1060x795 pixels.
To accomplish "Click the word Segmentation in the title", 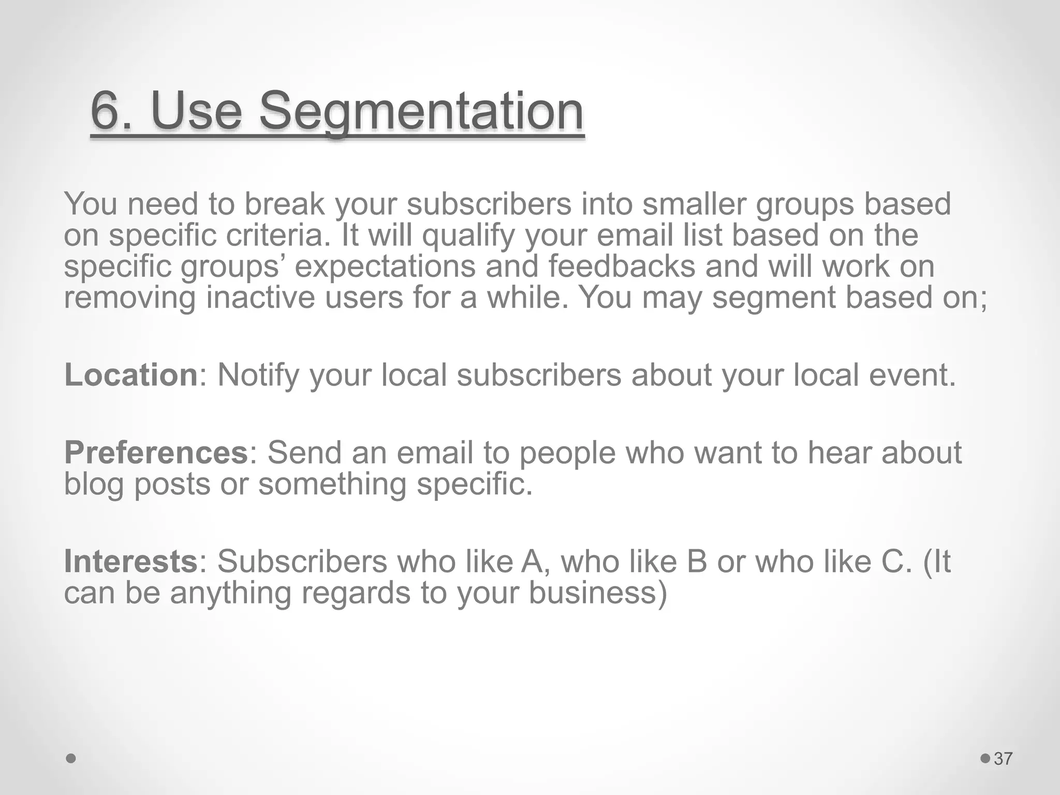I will coord(421,111).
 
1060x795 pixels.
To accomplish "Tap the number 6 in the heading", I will coord(107,110).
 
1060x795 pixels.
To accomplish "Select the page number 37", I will coord(1003,759).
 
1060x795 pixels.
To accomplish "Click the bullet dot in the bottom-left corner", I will coord(71,759).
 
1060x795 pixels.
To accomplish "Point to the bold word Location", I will coord(130,375).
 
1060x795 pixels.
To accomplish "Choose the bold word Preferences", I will coord(156,452).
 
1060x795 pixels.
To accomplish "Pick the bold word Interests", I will coord(130,561).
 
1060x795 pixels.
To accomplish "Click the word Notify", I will coord(258,376).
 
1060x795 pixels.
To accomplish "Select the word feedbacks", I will coord(622,267).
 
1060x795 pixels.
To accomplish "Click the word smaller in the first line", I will coord(694,204).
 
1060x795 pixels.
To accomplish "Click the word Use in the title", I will coord(197,110).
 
